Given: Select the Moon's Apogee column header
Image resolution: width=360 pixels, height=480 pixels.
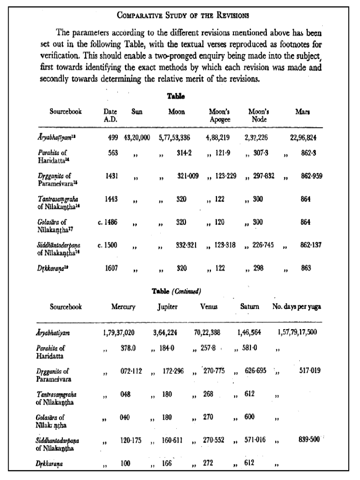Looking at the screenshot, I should [x=220, y=115].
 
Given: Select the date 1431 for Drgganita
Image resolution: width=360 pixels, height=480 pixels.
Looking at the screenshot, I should [x=113, y=176].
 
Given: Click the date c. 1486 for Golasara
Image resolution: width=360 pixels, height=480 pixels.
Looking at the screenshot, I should [x=109, y=222].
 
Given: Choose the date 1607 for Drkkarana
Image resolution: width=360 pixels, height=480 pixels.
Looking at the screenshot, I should [x=113, y=268].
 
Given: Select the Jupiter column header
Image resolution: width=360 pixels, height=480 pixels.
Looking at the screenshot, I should [x=167, y=307].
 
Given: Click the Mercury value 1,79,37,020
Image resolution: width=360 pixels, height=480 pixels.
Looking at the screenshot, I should [x=120, y=333].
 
